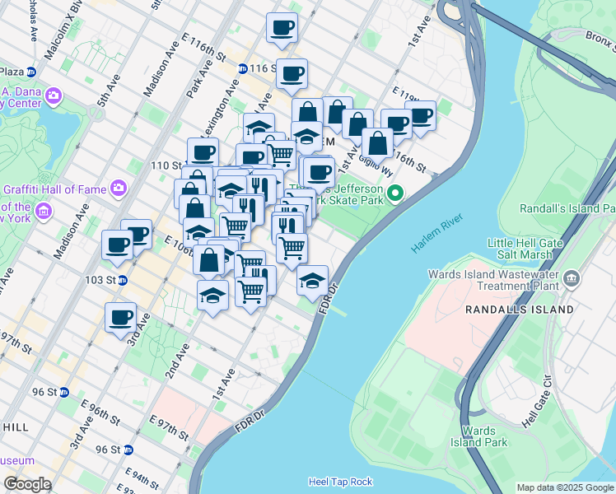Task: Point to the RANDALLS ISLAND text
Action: coord(519,310)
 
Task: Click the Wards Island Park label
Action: coord(478,436)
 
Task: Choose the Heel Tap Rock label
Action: coord(340,482)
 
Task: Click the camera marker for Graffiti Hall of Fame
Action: coord(117,189)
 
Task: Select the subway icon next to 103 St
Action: coord(123,280)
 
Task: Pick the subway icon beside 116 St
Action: coord(243,68)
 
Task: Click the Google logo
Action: coord(27,484)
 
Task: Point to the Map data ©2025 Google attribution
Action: coord(564,487)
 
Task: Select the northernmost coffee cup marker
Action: coord(282,27)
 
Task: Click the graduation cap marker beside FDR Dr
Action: coord(313,280)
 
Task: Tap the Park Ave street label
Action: coord(200,77)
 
